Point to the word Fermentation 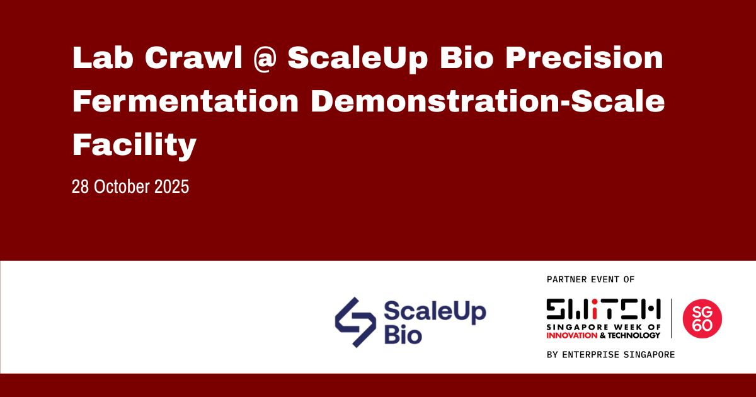(x=186, y=102)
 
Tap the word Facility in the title (x=135, y=146)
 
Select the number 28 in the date (x=80, y=187)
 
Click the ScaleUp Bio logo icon (x=355, y=322)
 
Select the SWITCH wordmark (x=604, y=309)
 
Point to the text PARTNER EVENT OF (x=591, y=279)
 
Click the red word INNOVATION (x=571, y=335)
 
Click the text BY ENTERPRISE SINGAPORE (x=610, y=355)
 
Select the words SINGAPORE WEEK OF (x=604, y=328)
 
